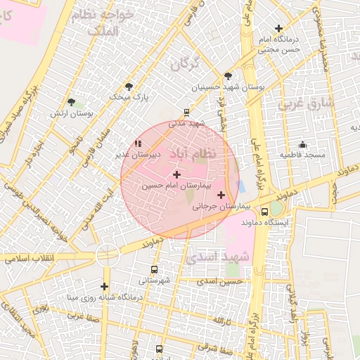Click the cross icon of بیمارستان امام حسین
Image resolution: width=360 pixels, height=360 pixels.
[x=176, y=174]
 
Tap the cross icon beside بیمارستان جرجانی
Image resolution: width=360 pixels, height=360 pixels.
[x=221, y=195]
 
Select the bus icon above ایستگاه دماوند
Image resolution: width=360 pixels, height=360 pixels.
[x=264, y=211]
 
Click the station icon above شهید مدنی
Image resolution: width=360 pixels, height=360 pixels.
[x=186, y=111]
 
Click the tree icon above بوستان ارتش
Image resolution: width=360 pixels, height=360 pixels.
[x=71, y=102]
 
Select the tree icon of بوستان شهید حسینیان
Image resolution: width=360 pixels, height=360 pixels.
[x=228, y=76]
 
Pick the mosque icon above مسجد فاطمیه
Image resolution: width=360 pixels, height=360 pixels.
[x=302, y=143]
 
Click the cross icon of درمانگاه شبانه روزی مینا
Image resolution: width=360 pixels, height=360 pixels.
[x=104, y=286]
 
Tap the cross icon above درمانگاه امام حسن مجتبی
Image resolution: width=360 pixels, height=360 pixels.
[x=279, y=28]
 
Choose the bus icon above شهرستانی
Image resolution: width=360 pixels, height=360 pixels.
[x=154, y=269]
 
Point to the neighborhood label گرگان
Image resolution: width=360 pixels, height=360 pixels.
[x=186, y=63]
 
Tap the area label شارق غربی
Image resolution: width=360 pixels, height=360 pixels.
[x=308, y=104]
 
